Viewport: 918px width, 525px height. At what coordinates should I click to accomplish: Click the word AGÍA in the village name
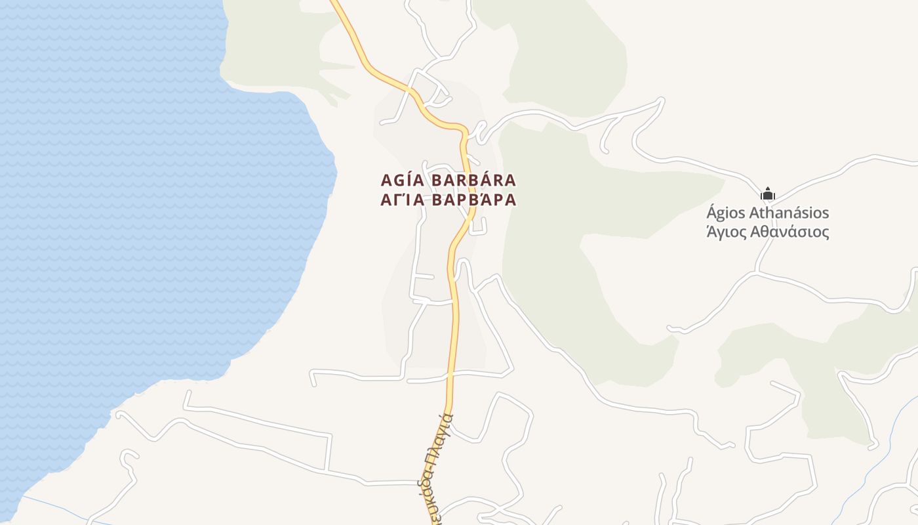pyautogui.click(x=401, y=180)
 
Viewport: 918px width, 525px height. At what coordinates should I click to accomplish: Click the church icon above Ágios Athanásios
pyautogui.click(x=768, y=194)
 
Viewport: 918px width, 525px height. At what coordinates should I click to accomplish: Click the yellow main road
pyautogui.click(x=453, y=328)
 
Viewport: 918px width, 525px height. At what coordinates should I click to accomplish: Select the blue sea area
pyautogui.click(x=131, y=230)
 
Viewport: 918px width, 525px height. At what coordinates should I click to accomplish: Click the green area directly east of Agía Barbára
pyautogui.click(x=557, y=262)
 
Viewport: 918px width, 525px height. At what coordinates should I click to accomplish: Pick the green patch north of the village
pyautogui.click(x=564, y=59)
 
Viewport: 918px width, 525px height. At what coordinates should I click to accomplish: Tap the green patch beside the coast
pyautogui.click(x=275, y=39)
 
